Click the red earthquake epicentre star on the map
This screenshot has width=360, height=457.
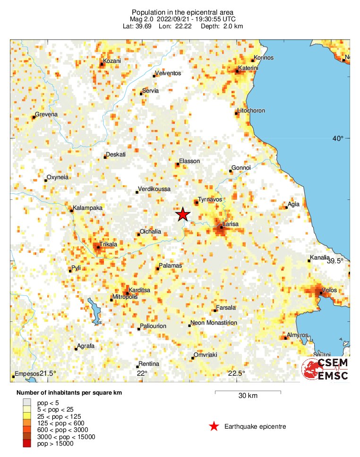coord(183,215)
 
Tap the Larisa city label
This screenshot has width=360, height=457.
coord(231,223)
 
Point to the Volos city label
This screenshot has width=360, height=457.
coord(329,290)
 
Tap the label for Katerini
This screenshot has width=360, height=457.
coord(248,68)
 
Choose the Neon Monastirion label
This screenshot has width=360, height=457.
coord(214,323)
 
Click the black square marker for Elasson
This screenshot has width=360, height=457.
coord(178,164)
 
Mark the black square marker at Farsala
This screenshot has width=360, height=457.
coord(215,310)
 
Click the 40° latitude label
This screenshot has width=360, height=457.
coord(337,138)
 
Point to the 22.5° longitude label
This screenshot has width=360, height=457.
coord(237,373)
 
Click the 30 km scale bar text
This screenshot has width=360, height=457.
coord(248,396)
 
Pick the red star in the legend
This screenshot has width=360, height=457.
coord(214,427)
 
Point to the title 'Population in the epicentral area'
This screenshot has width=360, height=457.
coord(183,12)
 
